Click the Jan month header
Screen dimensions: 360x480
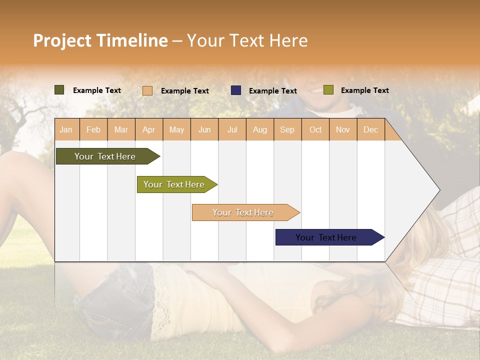[x=66, y=129]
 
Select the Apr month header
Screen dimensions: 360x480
[x=148, y=129]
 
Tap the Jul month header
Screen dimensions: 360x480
[x=232, y=129]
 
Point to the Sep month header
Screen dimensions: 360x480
[x=287, y=129]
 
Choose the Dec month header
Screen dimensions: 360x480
[x=370, y=129]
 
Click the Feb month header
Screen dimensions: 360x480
[x=93, y=129]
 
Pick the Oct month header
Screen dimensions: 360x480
[x=315, y=129]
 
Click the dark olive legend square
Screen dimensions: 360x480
[x=59, y=90]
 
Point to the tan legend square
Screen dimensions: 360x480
[x=147, y=90]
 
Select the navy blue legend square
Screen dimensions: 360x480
[x=236, y=90]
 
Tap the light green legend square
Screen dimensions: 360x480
[x=328, y=90]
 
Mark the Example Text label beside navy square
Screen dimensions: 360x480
[x=272, y=91]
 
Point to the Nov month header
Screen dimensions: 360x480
[x=343, y=129]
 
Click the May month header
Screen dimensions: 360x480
[x=176, y=129]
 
